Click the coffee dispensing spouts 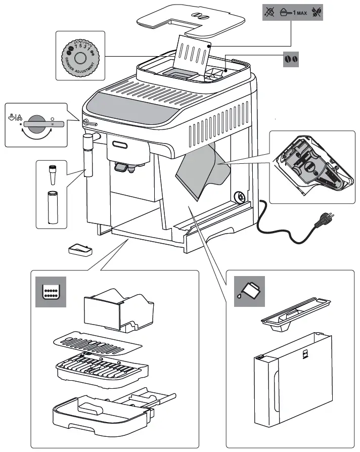(124, 167)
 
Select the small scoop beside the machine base (79, 249)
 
